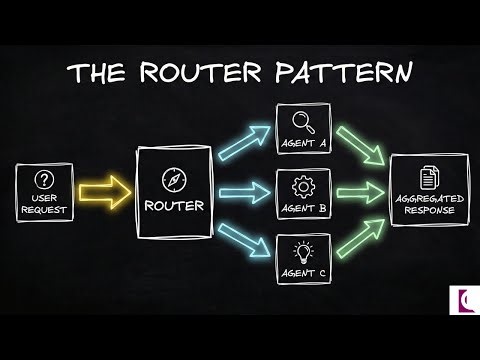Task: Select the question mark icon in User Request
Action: (43, 180)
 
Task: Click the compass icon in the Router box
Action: (175, 181)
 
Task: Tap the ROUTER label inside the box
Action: (175, 207)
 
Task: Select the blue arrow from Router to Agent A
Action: (243, 142)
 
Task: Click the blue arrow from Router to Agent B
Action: (243, 190)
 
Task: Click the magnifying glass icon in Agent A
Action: (302, 122)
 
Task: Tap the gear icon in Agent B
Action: (302, 185)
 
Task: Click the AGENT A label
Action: (302, 144)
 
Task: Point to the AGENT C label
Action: (302, 271)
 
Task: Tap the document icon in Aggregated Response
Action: (428, 178)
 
